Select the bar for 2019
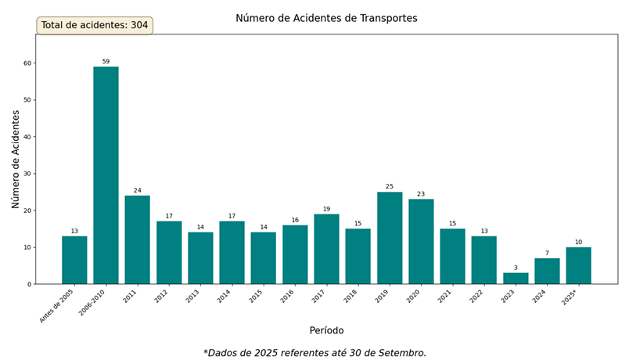click(390, 238)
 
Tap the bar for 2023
click(516, 279)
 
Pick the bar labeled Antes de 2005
click(74, 260)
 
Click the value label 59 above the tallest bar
click(106, 61)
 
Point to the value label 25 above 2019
click(390, 186)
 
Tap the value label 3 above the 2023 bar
click(516, 268)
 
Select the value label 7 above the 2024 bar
click(547, 253)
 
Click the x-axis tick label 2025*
click(570, 297)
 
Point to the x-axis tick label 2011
click(131, 297)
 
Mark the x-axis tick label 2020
click(415, 297)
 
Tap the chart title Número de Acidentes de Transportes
click(326, 18)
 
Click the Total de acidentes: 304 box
click(95, 25)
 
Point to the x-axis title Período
click(326, 330)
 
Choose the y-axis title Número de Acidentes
click(16, 159)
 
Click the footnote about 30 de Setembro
click(314, 353)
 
